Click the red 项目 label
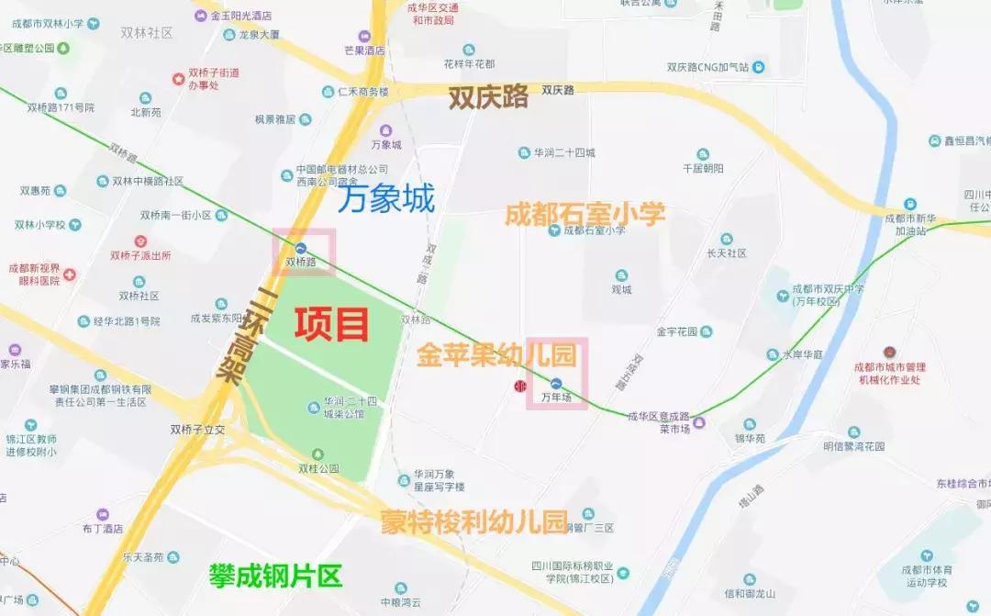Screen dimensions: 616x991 331,324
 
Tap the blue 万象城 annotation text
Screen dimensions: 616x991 385,199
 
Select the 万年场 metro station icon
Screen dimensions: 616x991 557,383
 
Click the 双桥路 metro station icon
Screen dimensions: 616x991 301,247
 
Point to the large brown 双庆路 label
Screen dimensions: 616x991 488,97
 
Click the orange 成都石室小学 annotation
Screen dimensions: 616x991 585,215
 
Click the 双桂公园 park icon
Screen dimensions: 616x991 318,454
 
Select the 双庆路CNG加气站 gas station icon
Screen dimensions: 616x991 759,67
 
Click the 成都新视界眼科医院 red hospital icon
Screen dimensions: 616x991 69,274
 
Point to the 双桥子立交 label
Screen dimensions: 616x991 197,429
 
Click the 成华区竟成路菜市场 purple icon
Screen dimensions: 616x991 700,422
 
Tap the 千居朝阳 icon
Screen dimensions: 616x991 703,154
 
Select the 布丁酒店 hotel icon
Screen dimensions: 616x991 103,514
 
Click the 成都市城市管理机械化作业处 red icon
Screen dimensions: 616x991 888,353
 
